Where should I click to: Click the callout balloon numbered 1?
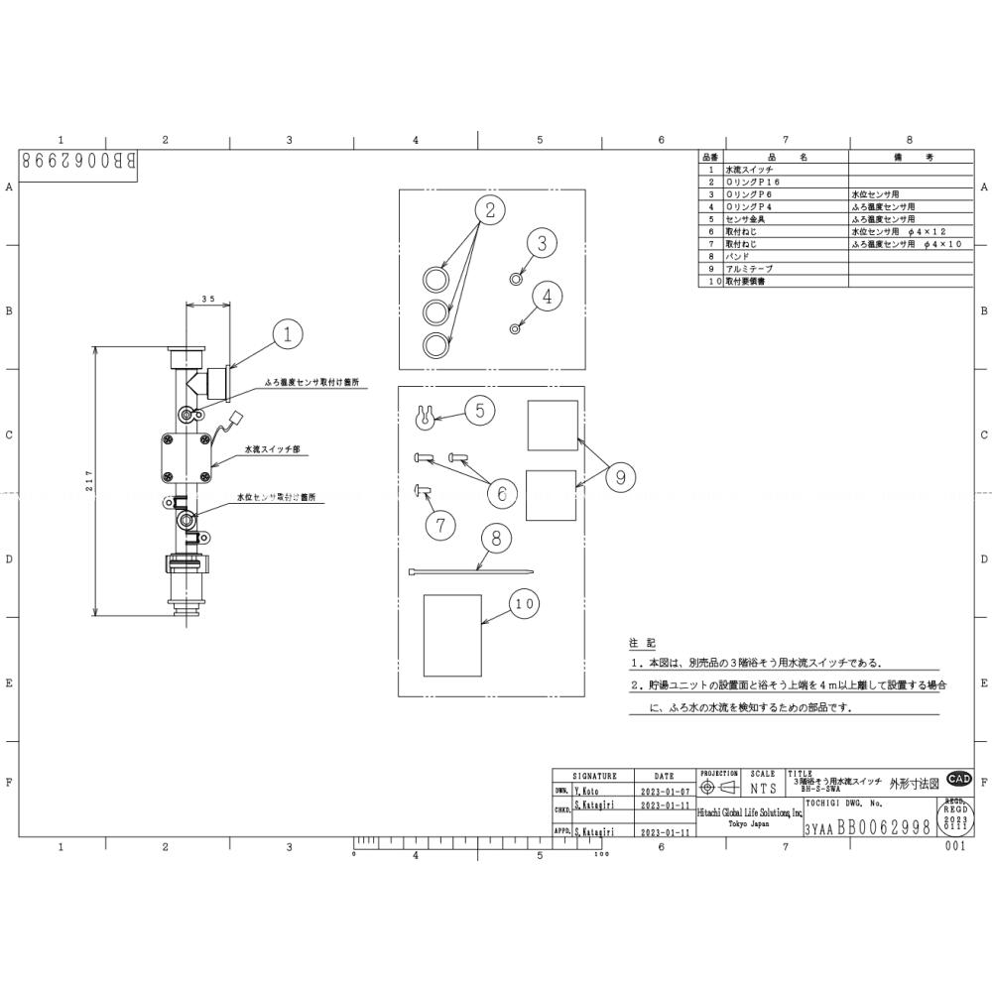287,335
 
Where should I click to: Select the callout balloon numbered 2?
489,209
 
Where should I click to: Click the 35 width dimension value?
208,299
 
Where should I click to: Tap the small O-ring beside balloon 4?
515,327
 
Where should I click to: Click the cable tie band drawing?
469,572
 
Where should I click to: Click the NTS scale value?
763,789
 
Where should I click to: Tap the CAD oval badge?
959,779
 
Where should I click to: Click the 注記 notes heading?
642,644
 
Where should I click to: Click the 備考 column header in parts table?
908,157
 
